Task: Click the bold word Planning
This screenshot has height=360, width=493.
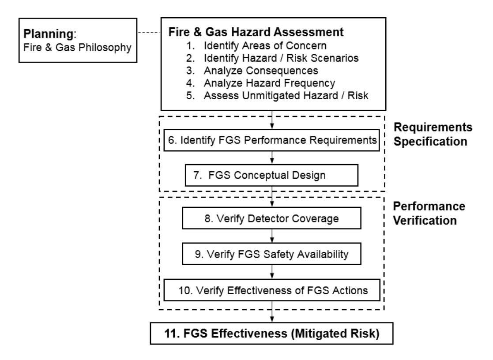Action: (x=49, y=34)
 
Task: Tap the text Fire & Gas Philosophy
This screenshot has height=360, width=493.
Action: (x=77, y=48)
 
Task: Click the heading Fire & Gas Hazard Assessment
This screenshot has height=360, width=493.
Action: (x=256, y=32)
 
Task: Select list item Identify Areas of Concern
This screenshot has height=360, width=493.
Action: (x=265, y=45)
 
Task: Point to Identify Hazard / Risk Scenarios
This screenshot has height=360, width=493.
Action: (x=281, y=58)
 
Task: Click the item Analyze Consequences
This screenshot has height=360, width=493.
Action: (x=261, y=71)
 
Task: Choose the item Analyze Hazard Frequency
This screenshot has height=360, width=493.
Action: (x=270, y=83)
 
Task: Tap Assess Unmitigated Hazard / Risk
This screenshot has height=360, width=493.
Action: (x=286, y=96)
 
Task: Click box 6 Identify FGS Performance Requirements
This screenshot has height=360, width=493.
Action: (x=271, y=140)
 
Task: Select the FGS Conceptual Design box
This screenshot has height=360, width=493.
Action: (x=271, y=175)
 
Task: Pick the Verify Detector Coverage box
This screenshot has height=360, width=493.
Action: (x=271, y=218)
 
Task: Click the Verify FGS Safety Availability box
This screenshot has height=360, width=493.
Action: (x=271, y=254)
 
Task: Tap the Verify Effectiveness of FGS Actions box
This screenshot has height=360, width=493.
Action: (x=272, y=290)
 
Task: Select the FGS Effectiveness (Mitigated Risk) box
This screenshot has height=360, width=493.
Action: (x=271, y=333)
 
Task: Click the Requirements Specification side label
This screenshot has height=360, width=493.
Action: (x=433, y=134)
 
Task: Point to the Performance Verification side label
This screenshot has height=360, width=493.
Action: (x=429, y=214)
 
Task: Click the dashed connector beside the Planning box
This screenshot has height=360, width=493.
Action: (x=149, y=32)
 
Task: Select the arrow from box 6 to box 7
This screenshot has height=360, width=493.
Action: (x=272, y=157)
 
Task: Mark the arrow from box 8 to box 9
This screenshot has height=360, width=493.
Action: (x=272, y=236)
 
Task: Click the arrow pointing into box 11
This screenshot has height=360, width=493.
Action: (x=272, y=311)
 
